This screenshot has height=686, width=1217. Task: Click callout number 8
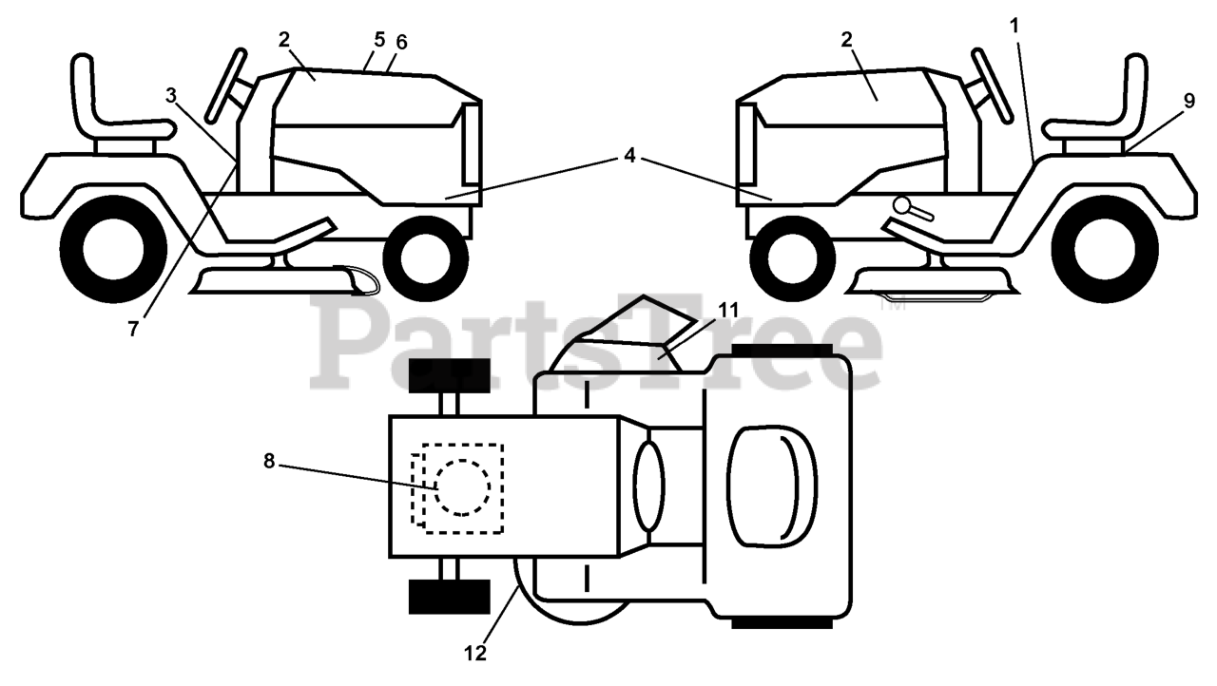[x=269, y=463]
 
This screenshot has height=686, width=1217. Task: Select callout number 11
[x=728, y=310]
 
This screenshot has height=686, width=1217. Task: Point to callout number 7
[x=133, y=329]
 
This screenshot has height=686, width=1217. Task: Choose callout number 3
[x=171, y=95]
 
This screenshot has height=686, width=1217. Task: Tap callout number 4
[x=628, y=156]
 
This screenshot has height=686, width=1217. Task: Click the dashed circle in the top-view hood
[x=462, y=487]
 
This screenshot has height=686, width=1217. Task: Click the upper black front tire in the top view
[x=449, y=377]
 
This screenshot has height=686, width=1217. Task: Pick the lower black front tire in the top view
[x=449, y=596]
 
